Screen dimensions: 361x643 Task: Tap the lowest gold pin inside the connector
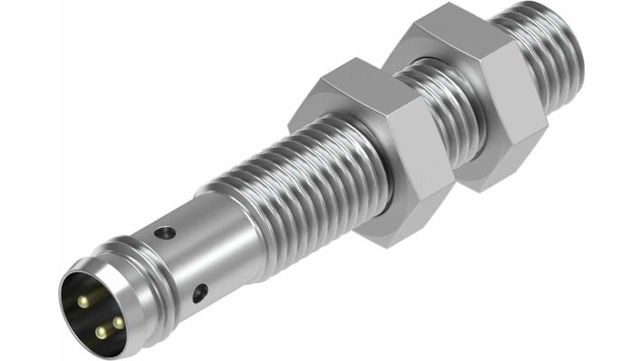pos(100,331)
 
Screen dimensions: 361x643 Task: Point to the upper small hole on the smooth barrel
pos(164,233)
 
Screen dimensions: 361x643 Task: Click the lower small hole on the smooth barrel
pos(200,291)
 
